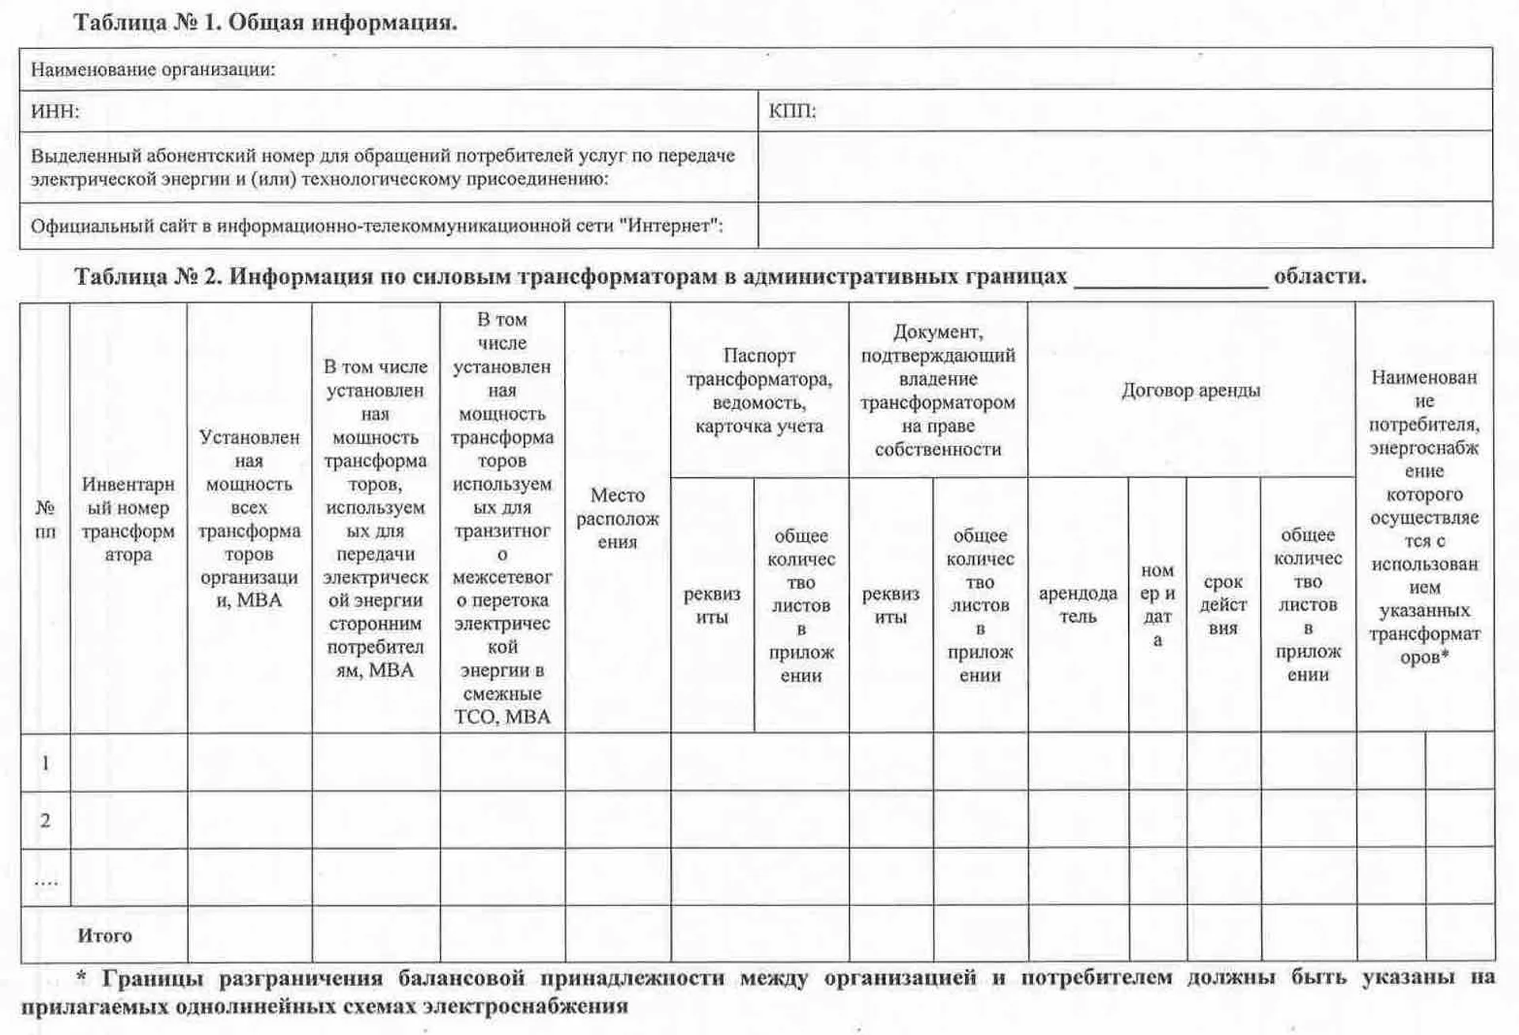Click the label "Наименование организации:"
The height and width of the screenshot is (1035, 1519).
[153, 70]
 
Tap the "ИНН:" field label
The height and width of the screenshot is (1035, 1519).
[55, 112]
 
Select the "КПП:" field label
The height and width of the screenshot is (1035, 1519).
[792, 111]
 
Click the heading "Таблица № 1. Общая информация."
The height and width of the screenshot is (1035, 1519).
[265, 22]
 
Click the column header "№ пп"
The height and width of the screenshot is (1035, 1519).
[45, 519]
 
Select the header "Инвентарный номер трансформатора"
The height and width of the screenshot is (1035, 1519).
[128, 519]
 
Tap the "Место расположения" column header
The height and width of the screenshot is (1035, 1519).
[617, 518]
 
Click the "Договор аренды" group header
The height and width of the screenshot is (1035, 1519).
[1191, 390]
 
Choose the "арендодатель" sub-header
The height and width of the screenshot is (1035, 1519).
[1078, 605]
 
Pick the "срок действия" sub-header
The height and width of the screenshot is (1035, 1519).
[1223, 605]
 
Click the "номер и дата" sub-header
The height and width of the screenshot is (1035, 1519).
[1157, 605]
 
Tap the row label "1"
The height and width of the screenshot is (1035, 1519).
[45, 763]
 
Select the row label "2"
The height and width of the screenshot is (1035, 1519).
[45, 821]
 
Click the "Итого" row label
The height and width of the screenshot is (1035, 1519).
[104, 935]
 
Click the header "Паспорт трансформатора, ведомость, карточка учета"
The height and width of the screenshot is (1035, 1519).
[759, 391]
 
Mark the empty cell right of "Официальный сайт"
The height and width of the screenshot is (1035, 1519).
[1124, 226]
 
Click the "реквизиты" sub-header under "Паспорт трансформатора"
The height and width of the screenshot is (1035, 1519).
[711, 605]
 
